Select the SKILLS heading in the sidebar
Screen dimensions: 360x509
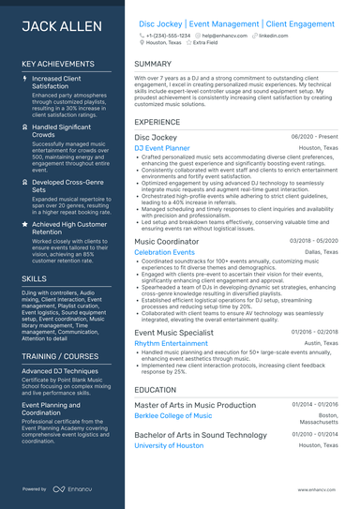[x=34, y=278]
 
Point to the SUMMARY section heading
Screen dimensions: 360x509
[x=153, y=64]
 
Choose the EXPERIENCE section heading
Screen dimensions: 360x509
[x=157, y=122]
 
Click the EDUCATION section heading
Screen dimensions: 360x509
[x=156, y=389]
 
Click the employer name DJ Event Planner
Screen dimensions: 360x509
[x=162, y=148]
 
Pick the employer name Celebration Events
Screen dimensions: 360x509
[x=165, y=252]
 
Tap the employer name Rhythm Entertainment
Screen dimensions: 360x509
[x=172, y=343]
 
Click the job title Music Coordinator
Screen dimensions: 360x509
[x=167, y=241]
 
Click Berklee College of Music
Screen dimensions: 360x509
[x=173, y=415]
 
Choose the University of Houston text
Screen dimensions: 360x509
[x=169, y=445]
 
